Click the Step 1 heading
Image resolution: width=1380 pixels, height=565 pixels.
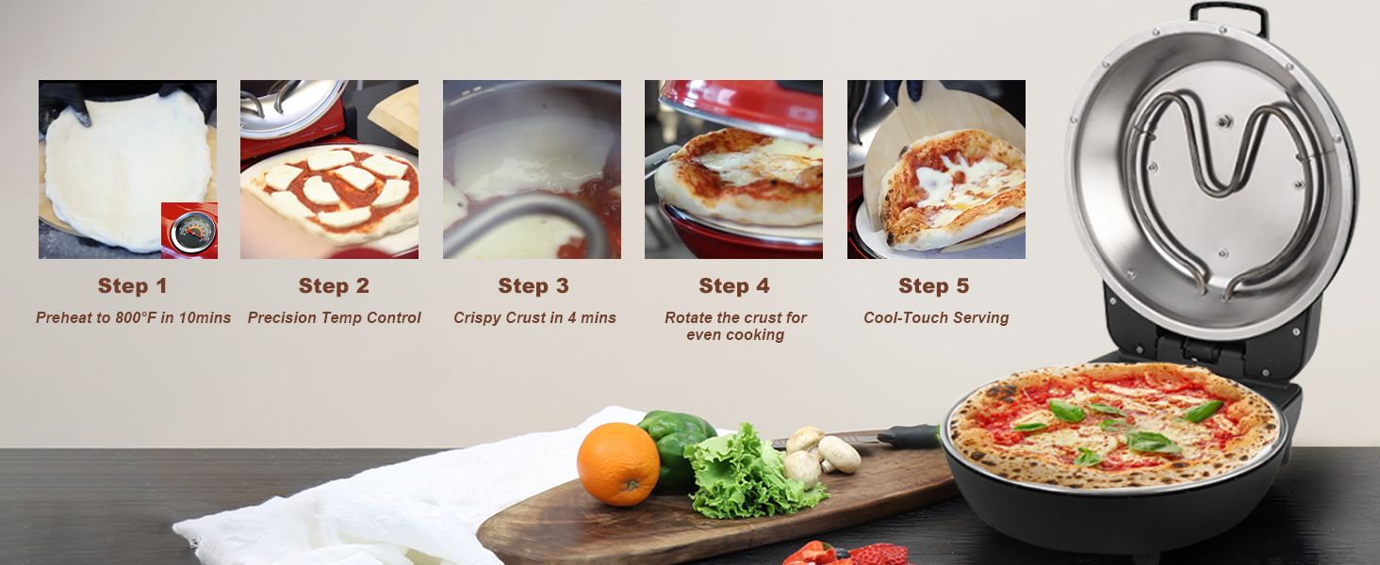click(x=132, y=286)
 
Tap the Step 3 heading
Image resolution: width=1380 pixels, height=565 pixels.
click(x=534, y=286)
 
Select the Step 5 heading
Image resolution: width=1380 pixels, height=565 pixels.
click(x=933, y=286)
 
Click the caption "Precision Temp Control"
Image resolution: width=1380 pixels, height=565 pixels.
click(x=334, y=318)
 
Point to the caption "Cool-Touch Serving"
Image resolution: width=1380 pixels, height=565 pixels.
click(x=936, y=318)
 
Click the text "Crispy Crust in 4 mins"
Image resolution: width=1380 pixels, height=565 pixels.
click(x=534, y=318)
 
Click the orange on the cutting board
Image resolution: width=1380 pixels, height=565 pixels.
click(x=618, y=463)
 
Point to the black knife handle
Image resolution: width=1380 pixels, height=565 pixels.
click(x=910, y=436)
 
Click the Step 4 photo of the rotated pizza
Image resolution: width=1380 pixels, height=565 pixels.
click(x=733, y=169)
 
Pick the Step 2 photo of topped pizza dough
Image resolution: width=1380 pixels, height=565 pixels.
click(x=329, y=169)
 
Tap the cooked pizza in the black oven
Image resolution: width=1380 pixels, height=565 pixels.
click(x=1115, y=426)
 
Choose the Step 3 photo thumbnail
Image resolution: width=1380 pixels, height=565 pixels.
click(x=532, y=169)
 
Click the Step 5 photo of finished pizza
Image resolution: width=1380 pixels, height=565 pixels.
click(x=936, y=169)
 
